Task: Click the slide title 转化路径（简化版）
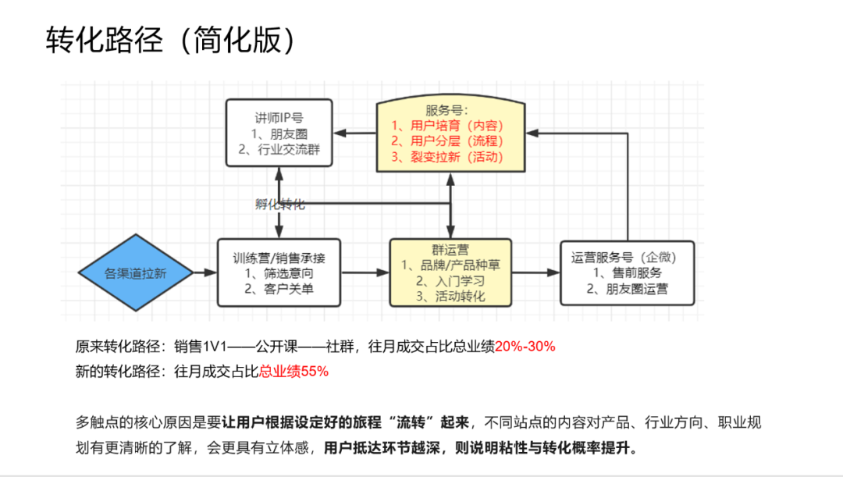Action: click(x=172, y=41)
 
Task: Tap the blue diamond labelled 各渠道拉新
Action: click(x=137, y=273)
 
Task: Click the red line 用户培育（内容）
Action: click(x=447, y=125)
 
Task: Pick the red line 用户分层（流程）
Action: click(x=447, y=141)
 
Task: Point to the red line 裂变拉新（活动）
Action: click(x=447, y=157)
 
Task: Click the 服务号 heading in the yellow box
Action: click(x=448, y=109)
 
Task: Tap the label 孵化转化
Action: click(x=279, y=205)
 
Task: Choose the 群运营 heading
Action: click(x=450, y=250)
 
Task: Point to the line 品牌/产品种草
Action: click(x=450, y=265)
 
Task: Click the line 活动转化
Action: click(x=450, y=297)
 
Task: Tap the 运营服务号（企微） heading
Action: click(x=627, y=257)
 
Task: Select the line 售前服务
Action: click(x=627, y=273)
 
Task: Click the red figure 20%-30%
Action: click(x=525, y=347)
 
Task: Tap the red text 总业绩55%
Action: click(x=293, y=372)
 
